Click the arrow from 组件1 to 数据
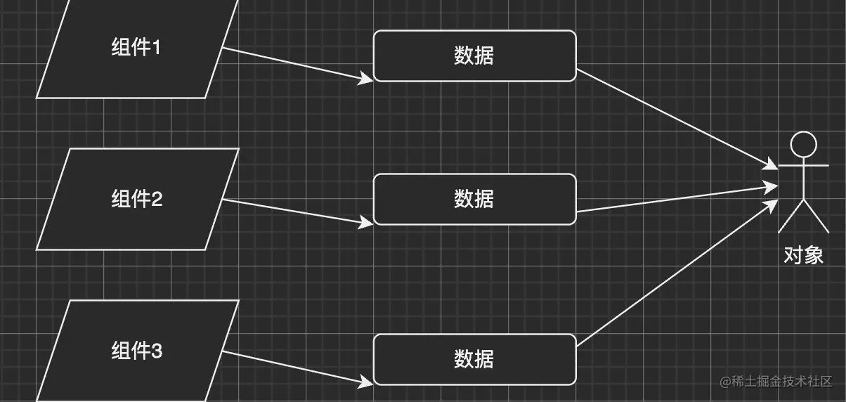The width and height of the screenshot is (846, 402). click(x=295, y=64)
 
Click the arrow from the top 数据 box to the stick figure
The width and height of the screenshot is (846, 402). click(x=675, y=118)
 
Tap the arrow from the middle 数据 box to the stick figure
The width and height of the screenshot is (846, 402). click(x=675, y=199)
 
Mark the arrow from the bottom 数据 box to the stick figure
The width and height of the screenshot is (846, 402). click(x=675, y=275)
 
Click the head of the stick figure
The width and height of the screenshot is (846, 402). click(x=803, y=144)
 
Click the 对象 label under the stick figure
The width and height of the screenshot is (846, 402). click(x=803, y=254)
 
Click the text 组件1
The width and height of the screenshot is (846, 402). click(x=136, y=48)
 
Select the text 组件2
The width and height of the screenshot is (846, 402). click(x=136, y=200)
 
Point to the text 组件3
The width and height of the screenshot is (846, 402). click(x=136, y=351)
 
